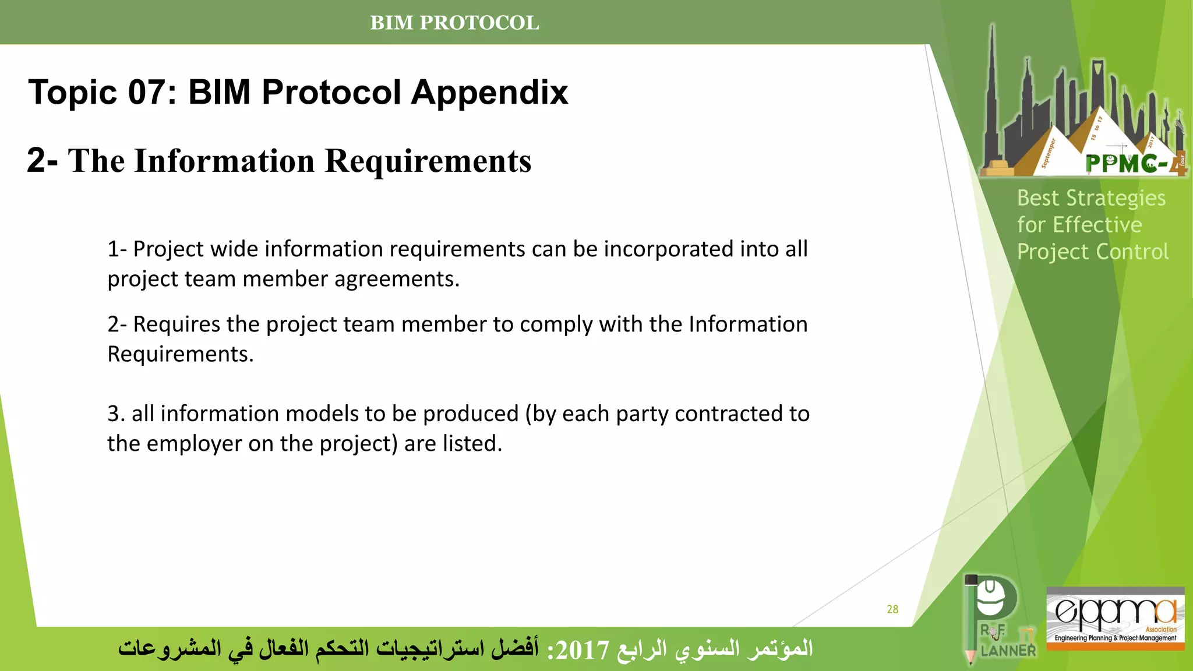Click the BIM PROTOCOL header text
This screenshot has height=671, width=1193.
click(x=454, y=23)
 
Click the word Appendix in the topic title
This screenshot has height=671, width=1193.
click(x=489, y=93)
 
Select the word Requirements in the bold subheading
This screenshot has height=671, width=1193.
click(x=428, y=161)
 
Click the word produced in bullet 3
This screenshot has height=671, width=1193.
click(x=471, y=414)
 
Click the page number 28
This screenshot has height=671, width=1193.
click(x=892, y=609)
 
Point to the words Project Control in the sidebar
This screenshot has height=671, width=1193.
click(x=1092, y=252)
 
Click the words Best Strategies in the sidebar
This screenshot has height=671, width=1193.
click(x=1091, y=198)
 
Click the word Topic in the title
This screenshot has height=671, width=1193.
click(x=72, y=93)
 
